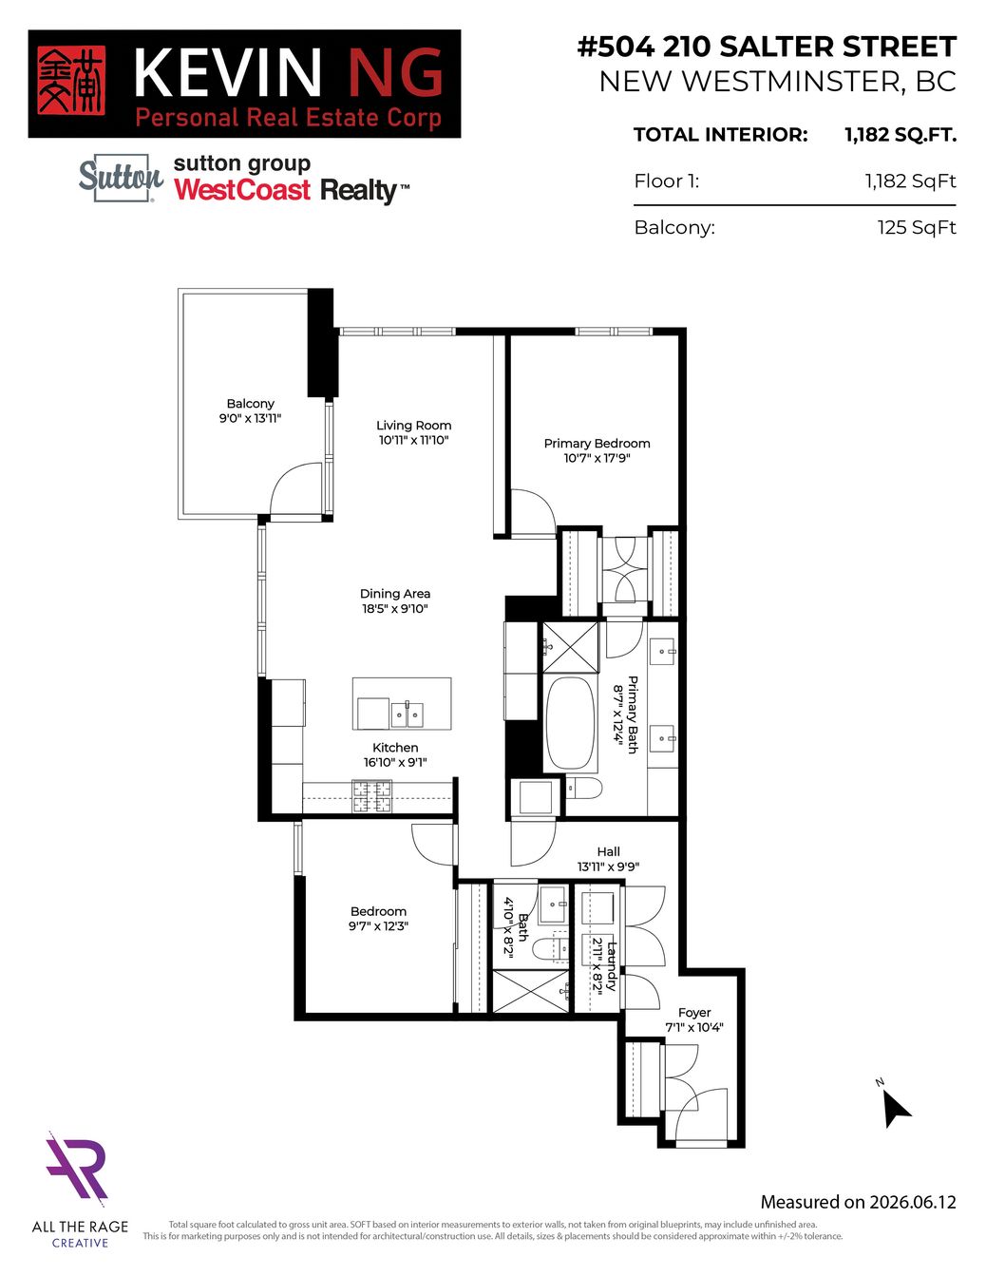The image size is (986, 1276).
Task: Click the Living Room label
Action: (x=414, y=425)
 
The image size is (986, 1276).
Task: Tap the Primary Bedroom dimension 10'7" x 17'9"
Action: (x=597, y=459)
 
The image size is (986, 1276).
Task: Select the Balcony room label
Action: (x=251, y=404)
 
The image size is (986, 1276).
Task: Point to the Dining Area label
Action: (x=395, y=594)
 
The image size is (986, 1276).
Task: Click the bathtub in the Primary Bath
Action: (x=571, y=723)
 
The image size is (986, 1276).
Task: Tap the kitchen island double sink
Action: (x=407, y=714)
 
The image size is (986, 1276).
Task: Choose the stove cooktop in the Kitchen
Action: (x=371, y=797)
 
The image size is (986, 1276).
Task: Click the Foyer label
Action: (x=694, y=1013)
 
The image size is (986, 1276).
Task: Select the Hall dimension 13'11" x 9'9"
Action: (x=608, y=867)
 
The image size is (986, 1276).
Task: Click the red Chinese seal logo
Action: (x=71, y=81)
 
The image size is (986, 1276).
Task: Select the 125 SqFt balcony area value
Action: (x=917, y=227)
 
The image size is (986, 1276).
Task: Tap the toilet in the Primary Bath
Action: (x=583, y=788)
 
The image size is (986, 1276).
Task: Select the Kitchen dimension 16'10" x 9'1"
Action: (x=395, y=763)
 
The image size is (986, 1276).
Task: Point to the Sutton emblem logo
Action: (x=122, y=178)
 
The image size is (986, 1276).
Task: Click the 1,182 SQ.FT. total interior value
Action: (x=901, y=136)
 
